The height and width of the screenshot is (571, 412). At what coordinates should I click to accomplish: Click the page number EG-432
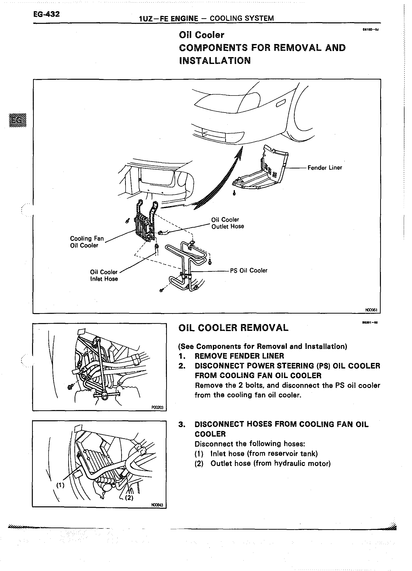coord(47,14)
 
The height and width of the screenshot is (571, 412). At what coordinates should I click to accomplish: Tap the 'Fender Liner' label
coord(325,168)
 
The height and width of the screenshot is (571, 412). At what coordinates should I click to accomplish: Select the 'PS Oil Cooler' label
coord(249,270)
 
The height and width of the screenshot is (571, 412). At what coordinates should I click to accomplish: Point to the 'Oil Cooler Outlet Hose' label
coord(227,223)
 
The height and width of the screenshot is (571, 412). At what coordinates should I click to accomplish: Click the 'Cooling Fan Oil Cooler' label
coord(87,242)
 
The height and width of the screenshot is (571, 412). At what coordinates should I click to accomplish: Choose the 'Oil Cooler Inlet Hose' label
coord(104,275)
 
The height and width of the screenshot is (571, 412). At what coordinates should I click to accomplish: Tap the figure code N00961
coord(371,310)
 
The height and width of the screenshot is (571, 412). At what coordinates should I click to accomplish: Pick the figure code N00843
coord(157,505)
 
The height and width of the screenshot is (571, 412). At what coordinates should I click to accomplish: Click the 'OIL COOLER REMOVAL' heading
coord(233,328)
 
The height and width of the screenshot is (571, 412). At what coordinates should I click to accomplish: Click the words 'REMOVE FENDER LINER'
coord(239,356)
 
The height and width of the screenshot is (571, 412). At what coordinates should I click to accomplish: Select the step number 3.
coord(182,424)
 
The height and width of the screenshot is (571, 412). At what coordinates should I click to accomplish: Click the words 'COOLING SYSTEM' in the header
coord(241,18)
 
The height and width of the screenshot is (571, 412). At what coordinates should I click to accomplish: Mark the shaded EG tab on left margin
coord(17,120)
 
